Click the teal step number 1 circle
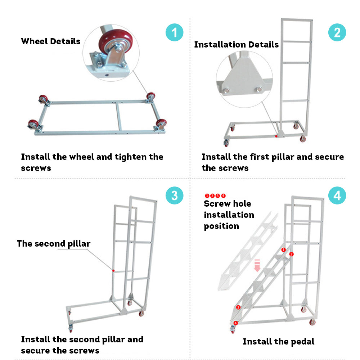(175, 33)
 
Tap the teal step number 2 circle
(337, 33)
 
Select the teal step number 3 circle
(175, 196)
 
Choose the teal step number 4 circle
(337, 196)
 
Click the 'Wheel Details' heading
(51, 41)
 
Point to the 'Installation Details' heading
(236, 45)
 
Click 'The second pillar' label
(54, 244)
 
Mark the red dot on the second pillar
(113, 270)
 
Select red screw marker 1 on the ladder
(283, 249)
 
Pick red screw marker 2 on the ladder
(292, 254)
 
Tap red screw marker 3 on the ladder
(238, 307)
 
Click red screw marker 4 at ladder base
(235, 323)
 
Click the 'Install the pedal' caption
(278, 342)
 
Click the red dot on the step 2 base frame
(276, 136)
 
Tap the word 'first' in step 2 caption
(264, 157)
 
